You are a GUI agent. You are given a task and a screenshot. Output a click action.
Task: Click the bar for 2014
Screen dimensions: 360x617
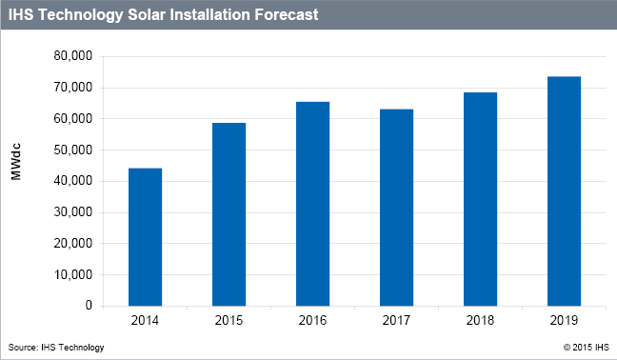[x=145, y=237]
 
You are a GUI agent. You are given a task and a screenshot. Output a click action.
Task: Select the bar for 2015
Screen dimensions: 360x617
[x=229, y=214]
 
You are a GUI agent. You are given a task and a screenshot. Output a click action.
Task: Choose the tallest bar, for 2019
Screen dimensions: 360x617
[x=564, y=191]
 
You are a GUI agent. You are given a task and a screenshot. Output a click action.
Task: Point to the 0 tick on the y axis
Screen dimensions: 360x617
[x=89, y=306]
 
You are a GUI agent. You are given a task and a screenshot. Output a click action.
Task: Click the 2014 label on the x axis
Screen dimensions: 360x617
[x=145, y=322]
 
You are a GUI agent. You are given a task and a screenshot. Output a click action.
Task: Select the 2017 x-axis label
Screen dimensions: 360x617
[x=396, y=322]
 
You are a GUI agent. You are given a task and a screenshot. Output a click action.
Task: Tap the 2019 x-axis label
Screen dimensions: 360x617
[x=564, y=322]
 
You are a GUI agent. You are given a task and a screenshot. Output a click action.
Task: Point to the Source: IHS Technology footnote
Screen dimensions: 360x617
[x=55, y=348]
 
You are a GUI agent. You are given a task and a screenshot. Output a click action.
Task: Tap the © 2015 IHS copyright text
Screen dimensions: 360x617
[x=585, y=348]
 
